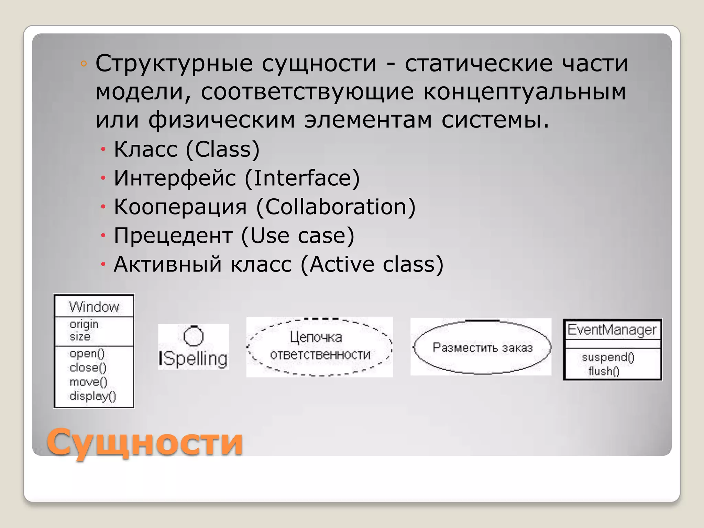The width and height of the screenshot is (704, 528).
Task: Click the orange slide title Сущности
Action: coord(144,442)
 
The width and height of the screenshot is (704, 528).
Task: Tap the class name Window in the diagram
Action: coord(94,307)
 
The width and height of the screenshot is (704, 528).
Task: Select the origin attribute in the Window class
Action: coord(84,324)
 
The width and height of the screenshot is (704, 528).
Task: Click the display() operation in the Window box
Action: coord(93,396)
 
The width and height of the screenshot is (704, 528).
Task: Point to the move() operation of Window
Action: coord(88,382)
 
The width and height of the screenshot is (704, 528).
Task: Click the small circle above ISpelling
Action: coord(194,336)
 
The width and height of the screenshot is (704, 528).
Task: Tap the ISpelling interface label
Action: coord(193,359)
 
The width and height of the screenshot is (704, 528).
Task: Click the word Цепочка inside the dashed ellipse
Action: coord(316,337)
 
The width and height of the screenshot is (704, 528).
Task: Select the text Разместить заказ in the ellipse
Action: coord(482,348)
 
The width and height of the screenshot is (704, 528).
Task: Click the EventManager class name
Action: coord(612,330)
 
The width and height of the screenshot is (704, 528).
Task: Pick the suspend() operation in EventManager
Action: coord(608,357)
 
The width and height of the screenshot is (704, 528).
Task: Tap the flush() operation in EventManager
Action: coord(604,371)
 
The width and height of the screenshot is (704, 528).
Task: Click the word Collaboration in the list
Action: coord(336,207)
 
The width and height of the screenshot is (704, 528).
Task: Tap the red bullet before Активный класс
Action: coord(103,264)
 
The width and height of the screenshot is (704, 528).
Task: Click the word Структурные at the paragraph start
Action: coord(174,64)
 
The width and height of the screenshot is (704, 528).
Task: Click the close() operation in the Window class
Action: coord(88,368)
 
